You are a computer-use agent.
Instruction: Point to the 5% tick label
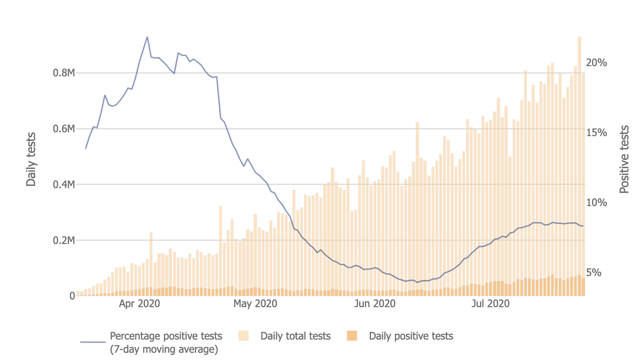(596, 273)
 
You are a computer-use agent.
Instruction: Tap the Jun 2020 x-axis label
(376, 305)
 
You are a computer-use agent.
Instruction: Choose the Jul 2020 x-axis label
(492, 305)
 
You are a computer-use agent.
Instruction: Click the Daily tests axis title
(31, 159)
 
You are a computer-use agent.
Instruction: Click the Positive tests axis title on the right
(624, 159)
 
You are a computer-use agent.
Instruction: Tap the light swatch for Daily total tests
(243, 336)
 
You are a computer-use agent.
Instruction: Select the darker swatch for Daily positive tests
(352, 336)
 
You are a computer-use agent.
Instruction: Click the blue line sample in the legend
(93, 342)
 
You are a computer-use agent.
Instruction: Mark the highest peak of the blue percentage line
(148, 37)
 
